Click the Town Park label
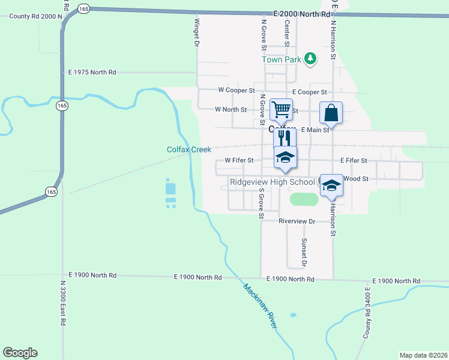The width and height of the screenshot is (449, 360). pyautogui.click(x=280, y=59)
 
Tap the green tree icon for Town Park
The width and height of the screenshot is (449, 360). pyautogui.click(x=310, y=58)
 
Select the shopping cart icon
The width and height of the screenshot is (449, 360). pyautogui.click(x=281, y=110)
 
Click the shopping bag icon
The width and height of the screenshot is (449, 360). pyautogui.click(x=331, y=112)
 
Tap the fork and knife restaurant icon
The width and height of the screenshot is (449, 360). pyautogui.click(x=285, y=139)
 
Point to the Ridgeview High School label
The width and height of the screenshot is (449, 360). pyautogui.click(x=272, y=182)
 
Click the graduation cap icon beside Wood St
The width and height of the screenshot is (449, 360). pyautogui.click(x=331, y=185)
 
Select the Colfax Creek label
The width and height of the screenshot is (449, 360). pyautogui.click(x=189, y=149)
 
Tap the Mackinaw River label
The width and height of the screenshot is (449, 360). pyautogui.click(x=260, y=305)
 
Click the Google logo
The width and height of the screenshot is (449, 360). pyautogui.click(x=20, y=353)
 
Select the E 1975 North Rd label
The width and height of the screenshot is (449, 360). pyautogui.click(x=92, y=72)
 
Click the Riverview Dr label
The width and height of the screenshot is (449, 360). pyautogui.click(x=297, y=221)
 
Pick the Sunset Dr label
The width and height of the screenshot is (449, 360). pyautogui.click(x=304, y=252)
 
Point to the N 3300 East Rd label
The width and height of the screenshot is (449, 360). pyautogui.click(x=62, y=303)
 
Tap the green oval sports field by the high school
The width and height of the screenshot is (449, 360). pyautogui.click(x=304, y=199)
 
